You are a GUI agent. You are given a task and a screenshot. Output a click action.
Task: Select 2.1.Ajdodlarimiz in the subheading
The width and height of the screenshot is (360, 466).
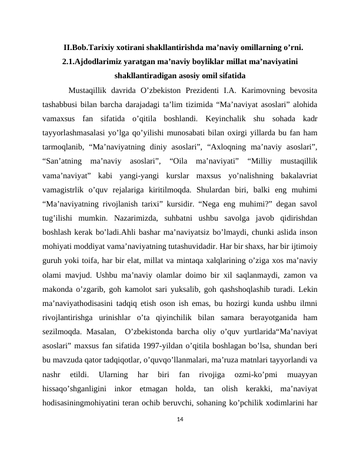point(90,61)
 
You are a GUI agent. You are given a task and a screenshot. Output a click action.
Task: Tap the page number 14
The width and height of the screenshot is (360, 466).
point(180,419)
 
